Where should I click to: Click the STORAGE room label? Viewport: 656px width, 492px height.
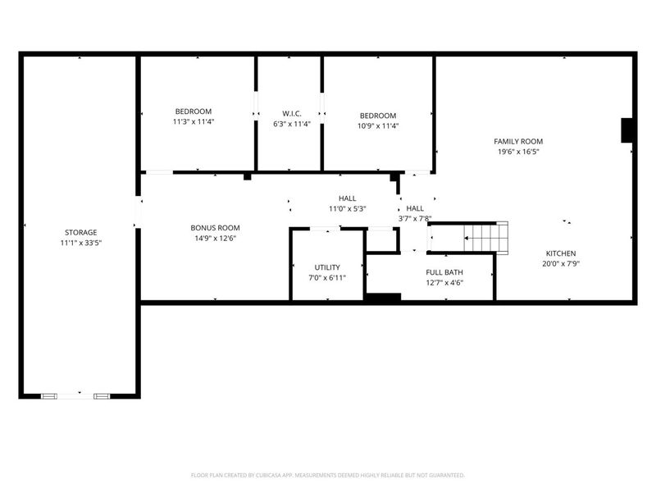click(x=80, y=232)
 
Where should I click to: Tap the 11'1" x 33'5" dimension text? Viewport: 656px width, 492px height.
click(x=80, y=243)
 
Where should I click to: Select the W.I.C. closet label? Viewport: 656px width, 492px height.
click(x=291, y=113)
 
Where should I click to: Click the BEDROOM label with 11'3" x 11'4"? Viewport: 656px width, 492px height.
click(x=193, y=112)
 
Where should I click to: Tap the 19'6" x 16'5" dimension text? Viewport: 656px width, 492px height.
click(x=517, y=152)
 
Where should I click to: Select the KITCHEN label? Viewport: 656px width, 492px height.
click(x=561, y=253)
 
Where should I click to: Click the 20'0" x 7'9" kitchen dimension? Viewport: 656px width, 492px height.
click(x=561, y=264)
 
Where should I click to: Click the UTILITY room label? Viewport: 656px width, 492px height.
click(x=327, y=267)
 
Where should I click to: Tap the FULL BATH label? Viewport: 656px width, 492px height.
click(x=444, y=272)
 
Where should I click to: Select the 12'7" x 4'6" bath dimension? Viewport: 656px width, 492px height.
click(x=444, y=283)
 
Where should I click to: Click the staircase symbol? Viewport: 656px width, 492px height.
click(x=486, y=237)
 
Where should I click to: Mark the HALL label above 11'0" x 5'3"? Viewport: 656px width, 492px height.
click(x=348, y=198)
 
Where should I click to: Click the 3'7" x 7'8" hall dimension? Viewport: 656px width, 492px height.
click(x=415, y=219)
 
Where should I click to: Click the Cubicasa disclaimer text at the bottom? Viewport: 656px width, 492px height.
click(x=327, y=475)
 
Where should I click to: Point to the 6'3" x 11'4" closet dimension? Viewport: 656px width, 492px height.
click(x=291, y=124)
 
